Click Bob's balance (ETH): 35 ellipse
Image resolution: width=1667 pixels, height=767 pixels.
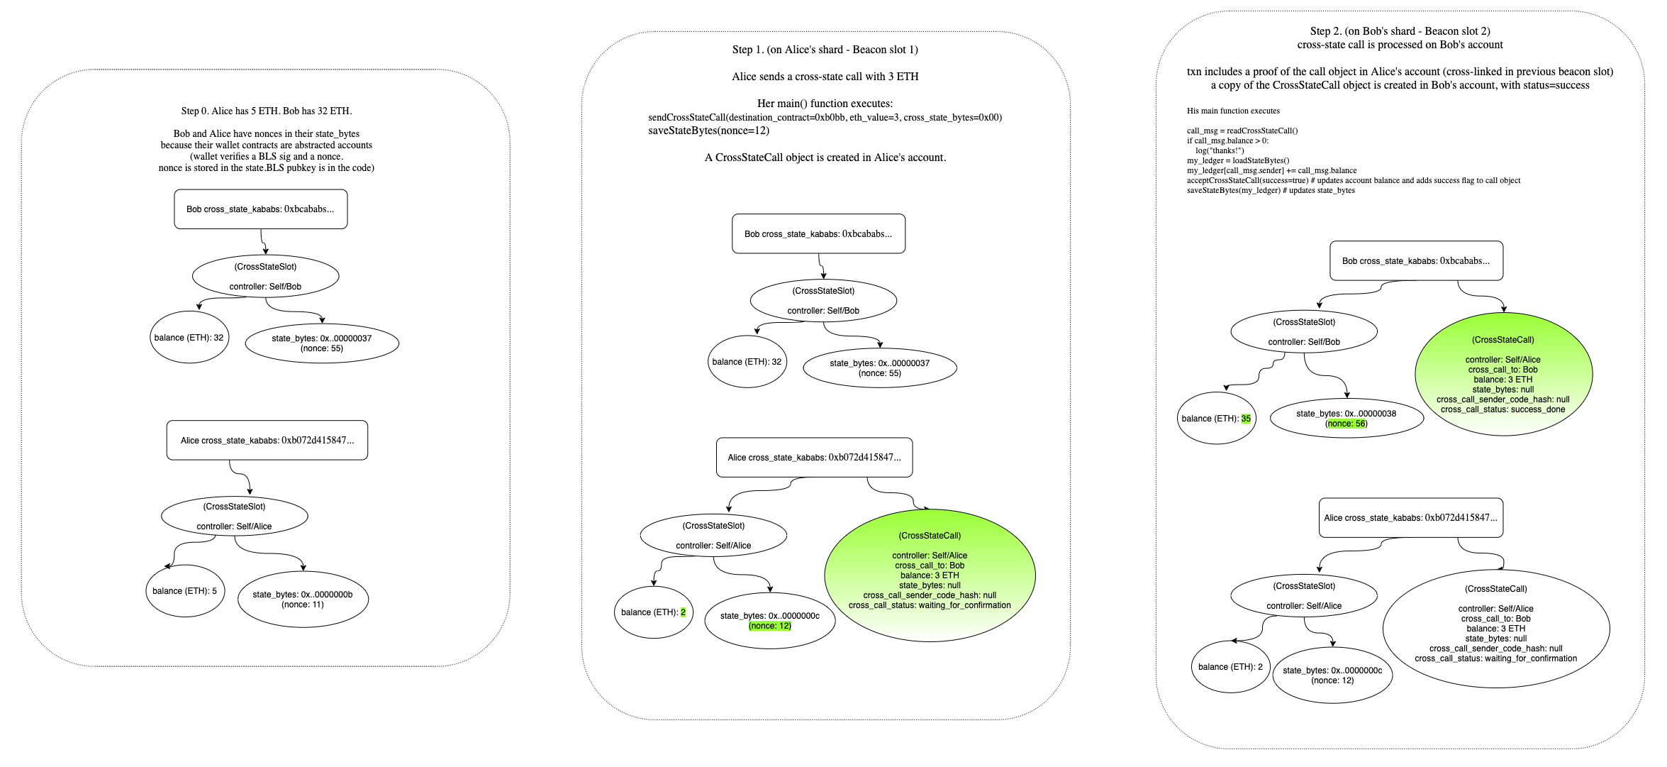coord(1217,418)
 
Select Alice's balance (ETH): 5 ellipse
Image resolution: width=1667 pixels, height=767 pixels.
coord(185,591)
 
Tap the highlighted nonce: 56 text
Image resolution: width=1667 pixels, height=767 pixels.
coord(1347,424)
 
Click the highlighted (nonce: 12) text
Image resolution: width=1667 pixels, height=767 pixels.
coord(770,626)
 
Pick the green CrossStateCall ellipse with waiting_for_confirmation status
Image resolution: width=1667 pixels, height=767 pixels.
coord(930,575)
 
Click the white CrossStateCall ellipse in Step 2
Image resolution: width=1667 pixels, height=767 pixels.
coord(1496,627)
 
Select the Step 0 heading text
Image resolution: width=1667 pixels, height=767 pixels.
coord(267,111)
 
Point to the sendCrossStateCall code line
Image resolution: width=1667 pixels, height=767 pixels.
coord(825,117)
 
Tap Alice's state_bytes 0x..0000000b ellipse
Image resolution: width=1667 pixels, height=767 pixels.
coord(303,600)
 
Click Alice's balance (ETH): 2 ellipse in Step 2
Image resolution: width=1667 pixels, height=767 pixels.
coord(1230,667)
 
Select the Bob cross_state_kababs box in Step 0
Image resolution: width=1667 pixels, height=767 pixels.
coord(261,209)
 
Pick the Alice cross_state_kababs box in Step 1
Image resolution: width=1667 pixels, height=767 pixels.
coord(815,458)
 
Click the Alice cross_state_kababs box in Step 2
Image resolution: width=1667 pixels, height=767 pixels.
coord(1411,518)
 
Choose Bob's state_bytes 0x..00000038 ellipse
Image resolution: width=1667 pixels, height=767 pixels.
coord(1347,419)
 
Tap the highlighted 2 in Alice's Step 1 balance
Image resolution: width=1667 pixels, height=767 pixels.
coord(684,612)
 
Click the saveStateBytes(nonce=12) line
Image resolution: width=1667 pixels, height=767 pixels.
coord(708,131)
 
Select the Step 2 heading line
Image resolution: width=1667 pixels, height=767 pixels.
coord(1400,31)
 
